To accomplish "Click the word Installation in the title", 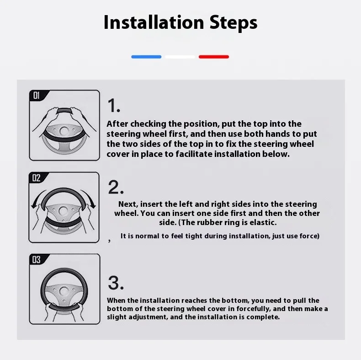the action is click(154, 22).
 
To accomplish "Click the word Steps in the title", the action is click(234, 23).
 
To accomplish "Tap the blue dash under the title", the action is click(146, 57).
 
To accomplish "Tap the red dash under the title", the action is click(214, 57).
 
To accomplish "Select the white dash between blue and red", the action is click(180, 57).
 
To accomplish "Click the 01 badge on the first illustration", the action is click(37, 96).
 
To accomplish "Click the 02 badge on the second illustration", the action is click(37, 177).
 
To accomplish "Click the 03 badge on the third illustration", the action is click(37, 259).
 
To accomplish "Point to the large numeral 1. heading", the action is click(114, 106).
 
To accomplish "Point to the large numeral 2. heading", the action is click(116, 187).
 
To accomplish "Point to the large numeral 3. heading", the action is click(116, 283).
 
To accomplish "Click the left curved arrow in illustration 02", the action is click(38, 197).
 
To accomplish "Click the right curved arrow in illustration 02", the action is click(89, 197).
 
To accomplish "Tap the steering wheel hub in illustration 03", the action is click(64, 291).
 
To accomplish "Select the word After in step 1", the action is click(117, 124).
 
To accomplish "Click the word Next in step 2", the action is click(128, 204).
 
